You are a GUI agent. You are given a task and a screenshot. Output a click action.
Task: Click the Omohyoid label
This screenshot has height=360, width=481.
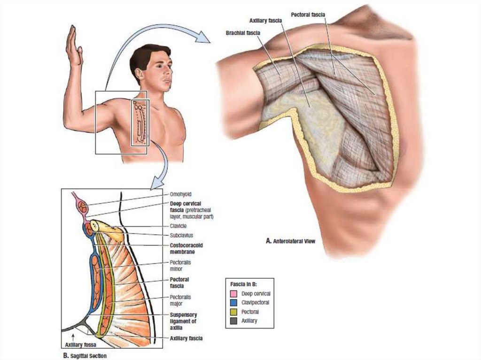(181, 193)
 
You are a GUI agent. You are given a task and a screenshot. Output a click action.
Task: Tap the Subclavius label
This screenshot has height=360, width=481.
(180, 234)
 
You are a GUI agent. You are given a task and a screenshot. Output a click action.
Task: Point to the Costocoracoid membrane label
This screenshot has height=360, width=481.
(186, 248)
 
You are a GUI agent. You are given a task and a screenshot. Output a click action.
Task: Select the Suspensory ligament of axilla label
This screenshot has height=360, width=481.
(183, 321)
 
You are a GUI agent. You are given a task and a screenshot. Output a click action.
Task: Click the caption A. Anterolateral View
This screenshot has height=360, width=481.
(290, 241)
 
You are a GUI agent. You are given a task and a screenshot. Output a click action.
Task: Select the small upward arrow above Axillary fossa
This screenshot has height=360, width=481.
(73, 336)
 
